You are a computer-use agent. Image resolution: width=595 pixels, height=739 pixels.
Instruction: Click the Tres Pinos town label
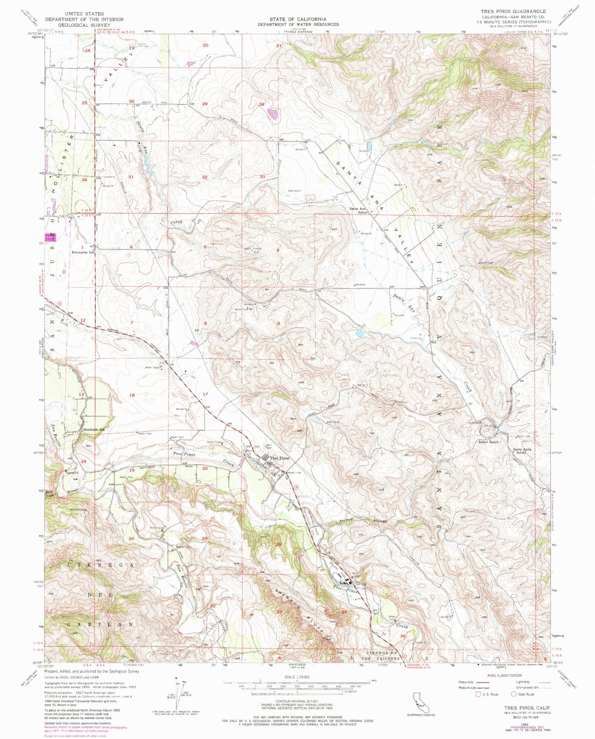[x=280, y=458]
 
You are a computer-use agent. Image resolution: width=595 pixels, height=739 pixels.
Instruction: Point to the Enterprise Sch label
[x=83, y=252]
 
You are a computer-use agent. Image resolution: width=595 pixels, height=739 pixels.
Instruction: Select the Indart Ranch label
[x=488, y=442]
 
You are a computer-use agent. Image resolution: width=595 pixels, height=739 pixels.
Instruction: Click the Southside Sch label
[x=96, y=430]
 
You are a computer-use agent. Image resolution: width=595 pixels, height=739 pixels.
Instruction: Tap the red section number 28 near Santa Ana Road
[x=261, y=104]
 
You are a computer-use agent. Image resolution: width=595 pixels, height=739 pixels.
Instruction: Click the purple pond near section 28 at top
[x=272, y=112]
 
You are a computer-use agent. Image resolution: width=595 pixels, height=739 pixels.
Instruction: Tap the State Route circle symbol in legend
[x=513, y=694]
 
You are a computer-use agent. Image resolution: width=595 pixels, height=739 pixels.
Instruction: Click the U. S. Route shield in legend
[x=478, y=694]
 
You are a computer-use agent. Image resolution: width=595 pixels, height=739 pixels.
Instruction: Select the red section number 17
[x=205, y=394]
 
